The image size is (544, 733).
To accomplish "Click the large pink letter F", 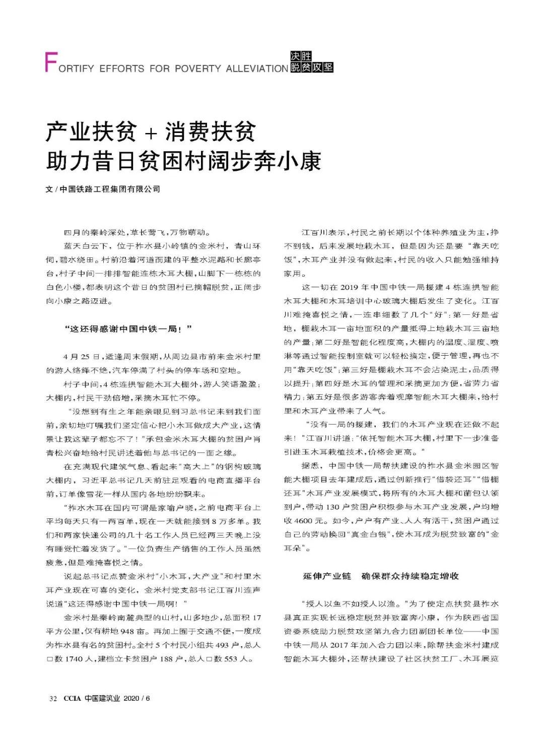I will [51, 62].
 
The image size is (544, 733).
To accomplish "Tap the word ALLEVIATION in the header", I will [257, 69].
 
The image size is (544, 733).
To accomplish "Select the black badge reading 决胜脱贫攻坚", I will [311, 62].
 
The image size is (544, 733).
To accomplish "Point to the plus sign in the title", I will [151, 133].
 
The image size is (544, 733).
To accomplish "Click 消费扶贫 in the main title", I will [210, 132].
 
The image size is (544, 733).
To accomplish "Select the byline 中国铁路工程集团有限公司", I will [110, 189].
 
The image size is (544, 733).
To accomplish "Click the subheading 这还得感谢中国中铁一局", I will [128, 329].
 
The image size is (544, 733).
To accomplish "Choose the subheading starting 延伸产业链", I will [380, 576].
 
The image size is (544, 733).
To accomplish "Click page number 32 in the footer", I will [53, 698].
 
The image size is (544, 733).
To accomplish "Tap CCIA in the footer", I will [72, 698].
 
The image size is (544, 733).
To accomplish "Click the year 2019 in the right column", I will [349, 287].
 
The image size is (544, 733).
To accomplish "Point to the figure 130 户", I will [342, 507].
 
